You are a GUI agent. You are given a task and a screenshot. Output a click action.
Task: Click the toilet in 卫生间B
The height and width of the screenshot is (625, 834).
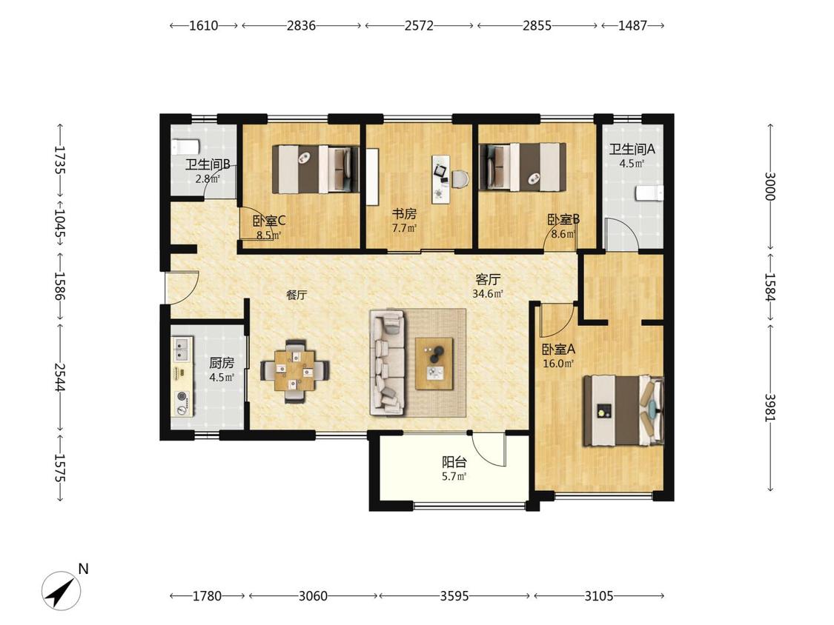(185, 145)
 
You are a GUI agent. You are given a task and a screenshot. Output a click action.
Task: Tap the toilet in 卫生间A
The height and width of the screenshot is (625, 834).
(650, 193)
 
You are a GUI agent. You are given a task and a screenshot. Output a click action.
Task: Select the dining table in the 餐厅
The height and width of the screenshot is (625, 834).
(294, 370)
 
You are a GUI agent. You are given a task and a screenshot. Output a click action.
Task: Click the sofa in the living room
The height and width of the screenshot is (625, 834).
(387, 363)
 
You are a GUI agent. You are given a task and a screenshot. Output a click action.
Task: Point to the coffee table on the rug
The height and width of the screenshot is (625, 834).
(434, 364)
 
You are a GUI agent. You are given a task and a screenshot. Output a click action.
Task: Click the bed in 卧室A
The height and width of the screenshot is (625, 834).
(623, 410)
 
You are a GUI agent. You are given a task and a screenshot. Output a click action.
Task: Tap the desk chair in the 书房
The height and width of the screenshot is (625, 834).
(460, 178)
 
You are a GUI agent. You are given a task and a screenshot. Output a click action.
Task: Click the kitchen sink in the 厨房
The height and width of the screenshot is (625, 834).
(182, 350)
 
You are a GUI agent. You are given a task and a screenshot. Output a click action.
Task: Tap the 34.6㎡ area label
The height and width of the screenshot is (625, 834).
(487, 293)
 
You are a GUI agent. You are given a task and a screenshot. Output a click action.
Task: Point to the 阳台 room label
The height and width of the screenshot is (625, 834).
(454, 462)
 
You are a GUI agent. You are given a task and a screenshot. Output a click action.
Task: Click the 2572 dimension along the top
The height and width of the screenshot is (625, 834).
(419, 25)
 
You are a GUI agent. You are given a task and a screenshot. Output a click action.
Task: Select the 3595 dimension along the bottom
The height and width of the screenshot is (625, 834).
(454, 596)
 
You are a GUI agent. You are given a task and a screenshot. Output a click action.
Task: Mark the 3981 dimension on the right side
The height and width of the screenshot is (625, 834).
(770, 407)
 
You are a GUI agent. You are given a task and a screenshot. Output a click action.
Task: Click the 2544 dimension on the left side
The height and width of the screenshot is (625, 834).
(59, 377)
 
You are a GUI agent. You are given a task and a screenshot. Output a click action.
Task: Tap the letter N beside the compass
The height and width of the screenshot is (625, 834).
(83, 569)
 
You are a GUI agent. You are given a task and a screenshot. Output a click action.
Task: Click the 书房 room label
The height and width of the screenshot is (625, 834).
(404, 214)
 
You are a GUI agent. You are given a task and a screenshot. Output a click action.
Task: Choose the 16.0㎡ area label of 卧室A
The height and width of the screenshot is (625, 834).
(558, 364)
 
